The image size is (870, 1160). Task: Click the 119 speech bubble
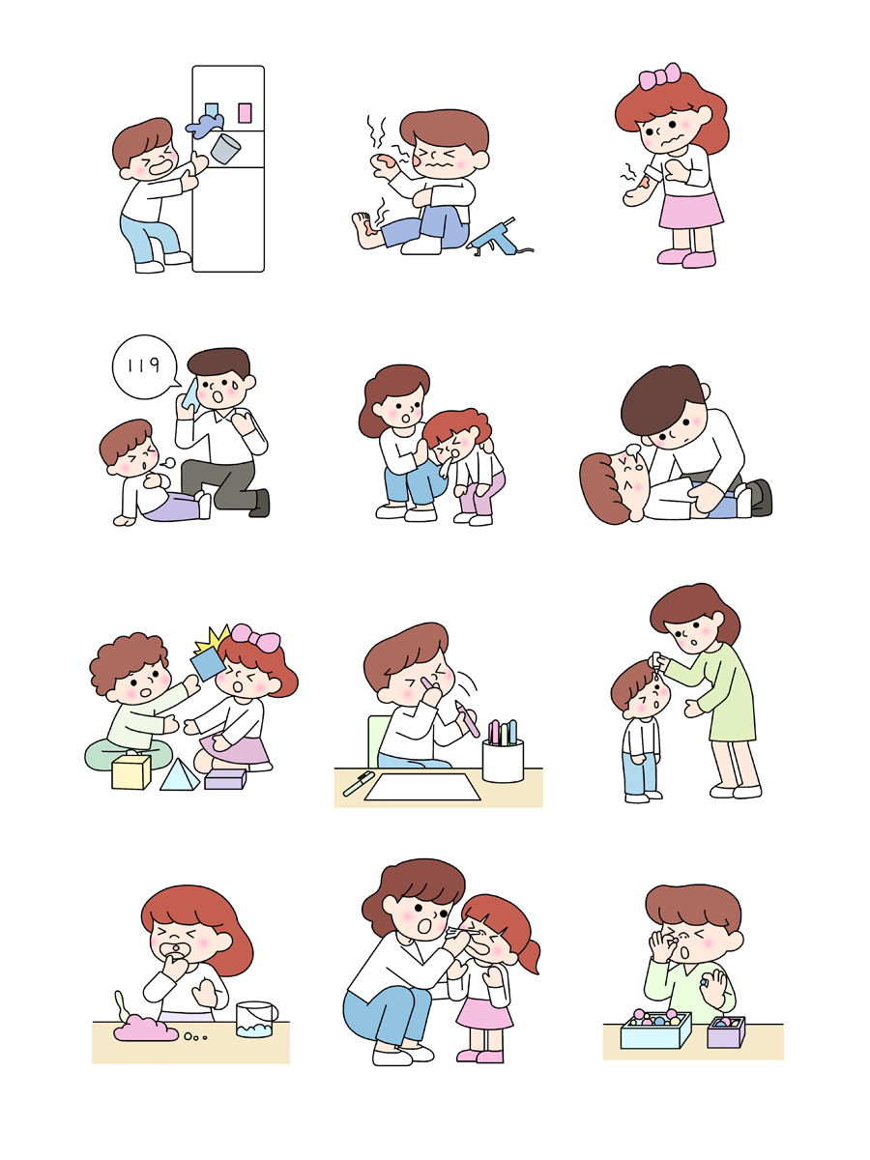(x=144, y=366)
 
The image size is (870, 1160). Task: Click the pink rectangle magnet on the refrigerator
(x=245, y=112)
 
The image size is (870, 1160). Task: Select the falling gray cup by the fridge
(x=225, y=149)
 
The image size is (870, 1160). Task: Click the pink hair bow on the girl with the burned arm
(x=659, y=76)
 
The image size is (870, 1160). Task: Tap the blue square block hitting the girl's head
(x=208, y=664)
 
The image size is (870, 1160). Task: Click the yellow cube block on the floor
(x=131, y=771)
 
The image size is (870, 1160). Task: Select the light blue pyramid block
(x=180, y=775)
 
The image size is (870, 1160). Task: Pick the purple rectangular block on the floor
(x=225, y=778)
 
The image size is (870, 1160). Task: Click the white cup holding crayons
(x=503, y=760)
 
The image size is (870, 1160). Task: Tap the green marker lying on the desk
(x=359, y=783)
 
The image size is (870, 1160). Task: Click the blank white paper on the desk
(x=422, y=788)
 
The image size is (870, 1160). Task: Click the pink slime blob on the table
(x=145, y=1028)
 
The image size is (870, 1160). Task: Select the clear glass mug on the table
(x=256, y=1018)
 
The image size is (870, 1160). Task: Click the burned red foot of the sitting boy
(x=367, y=229)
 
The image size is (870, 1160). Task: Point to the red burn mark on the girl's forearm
(x=644, y=183)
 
